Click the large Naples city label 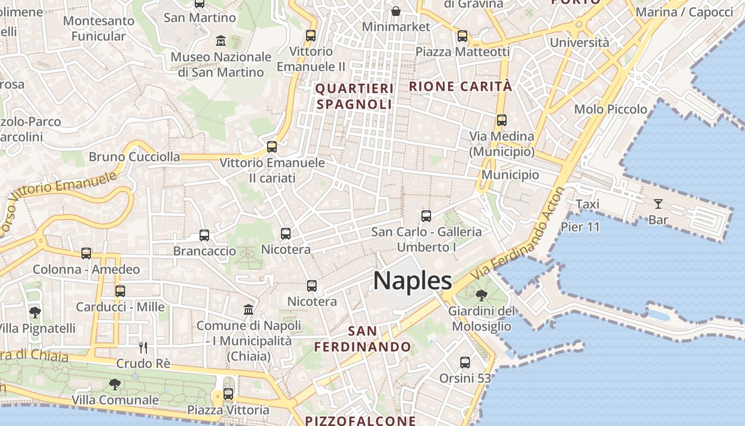point(412,281)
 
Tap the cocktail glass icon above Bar point(658,203)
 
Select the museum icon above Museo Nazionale point(221,40)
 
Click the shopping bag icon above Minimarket point(396,11)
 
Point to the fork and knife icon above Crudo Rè point(143,348)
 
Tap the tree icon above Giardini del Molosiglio point(481,295)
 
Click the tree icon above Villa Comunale point(114,384)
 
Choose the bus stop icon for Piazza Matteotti point(462,36)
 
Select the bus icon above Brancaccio point(204,235)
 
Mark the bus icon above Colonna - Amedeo point(86,253)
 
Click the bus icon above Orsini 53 point(465,363)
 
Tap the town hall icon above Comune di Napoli point(249,309)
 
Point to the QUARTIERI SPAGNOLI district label point(354,96)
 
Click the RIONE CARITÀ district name point(460,86)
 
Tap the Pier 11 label point(580,227)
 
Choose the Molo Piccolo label point(610,109)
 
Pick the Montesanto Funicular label point(98,28)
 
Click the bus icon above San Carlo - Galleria point(426,216)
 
